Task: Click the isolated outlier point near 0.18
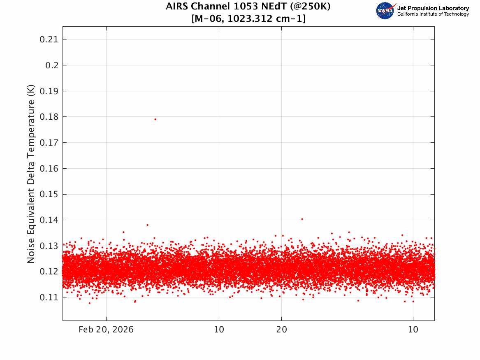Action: coord(155,119)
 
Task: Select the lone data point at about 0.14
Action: coord(302,219)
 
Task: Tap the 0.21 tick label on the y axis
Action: coord(48,39)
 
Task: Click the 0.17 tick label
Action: coord(48,143)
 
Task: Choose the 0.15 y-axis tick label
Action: coord(48,194)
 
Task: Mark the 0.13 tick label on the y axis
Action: coord(48,246)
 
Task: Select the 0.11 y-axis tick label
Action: coord(48,297)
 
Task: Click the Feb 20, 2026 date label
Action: coord(106,330)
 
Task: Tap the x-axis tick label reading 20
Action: coord(281,330)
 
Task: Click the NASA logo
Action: coord(385,11)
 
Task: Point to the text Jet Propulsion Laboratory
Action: coord(433,8)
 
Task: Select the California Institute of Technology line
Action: coord(433,14)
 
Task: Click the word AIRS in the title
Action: coord(176,7)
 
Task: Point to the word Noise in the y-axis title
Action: coord(31,251)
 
